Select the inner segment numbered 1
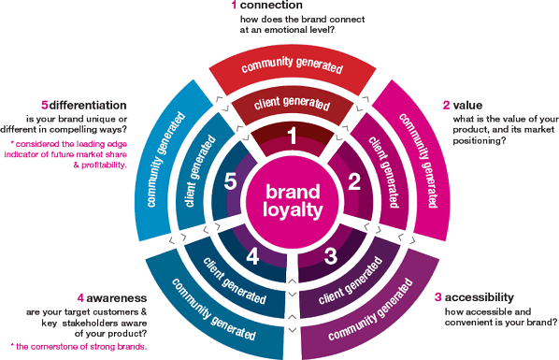(x=291, y=138)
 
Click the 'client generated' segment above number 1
(x=291, y=101)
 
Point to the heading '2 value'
(x=459, y=107)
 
